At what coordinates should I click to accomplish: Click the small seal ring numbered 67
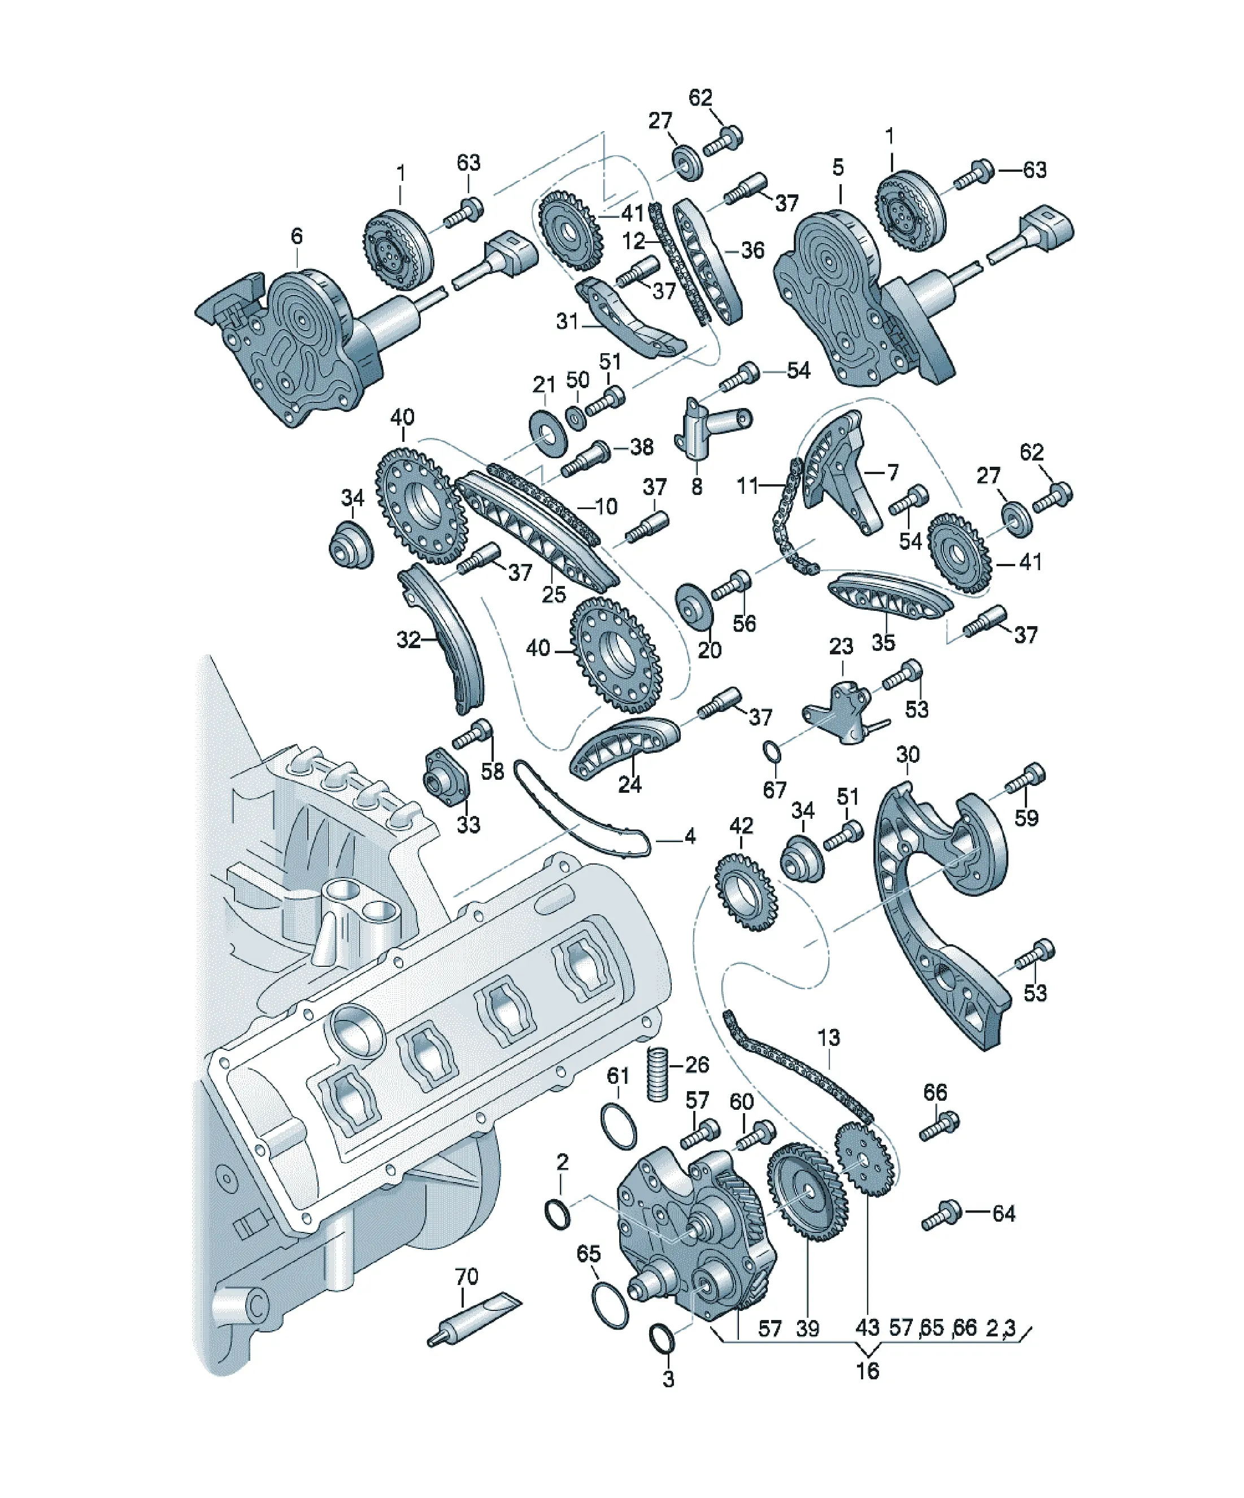pyautogui.click(x=772, y=753)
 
